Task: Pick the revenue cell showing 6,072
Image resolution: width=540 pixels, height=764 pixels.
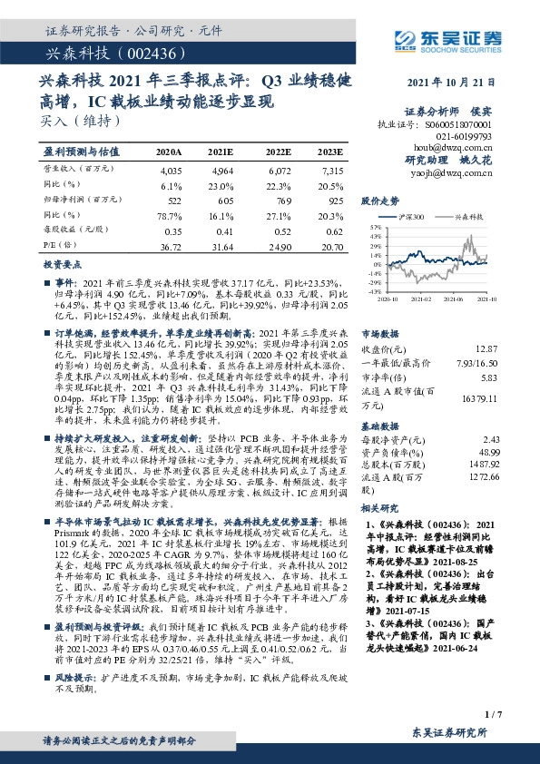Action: [x=279, y=170]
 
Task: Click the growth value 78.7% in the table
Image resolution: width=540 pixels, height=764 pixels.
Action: [x=170, y=215]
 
